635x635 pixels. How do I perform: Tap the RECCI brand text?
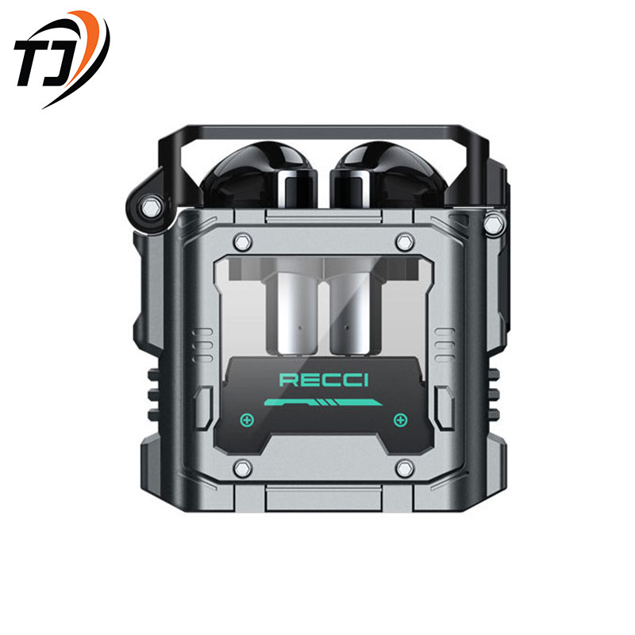[324, 380]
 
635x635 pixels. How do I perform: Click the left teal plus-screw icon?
[247, 420]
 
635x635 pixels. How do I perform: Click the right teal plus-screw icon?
[401, 420]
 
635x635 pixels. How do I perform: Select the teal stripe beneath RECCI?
[323, 402]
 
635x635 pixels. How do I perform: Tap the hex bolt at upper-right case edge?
[495, 223]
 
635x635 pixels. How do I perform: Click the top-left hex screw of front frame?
[243, 243]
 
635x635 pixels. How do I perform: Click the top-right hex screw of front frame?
[405, 243]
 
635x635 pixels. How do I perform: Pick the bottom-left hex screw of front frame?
[243, 468]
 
